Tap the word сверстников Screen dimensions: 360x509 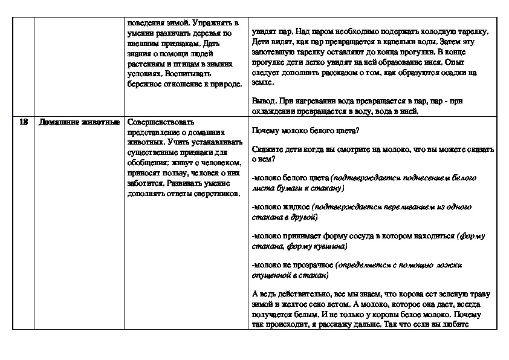(x=215, y=194)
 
